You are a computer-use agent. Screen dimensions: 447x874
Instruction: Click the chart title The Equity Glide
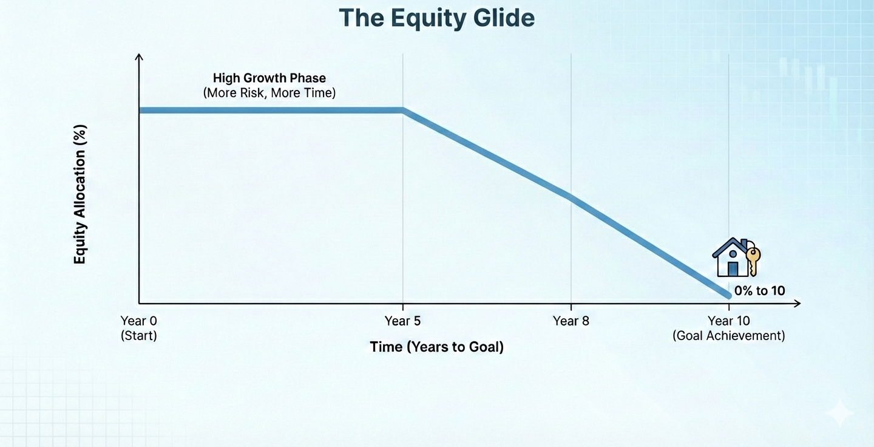[436, 18]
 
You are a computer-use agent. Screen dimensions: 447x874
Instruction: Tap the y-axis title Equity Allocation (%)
[80, 194]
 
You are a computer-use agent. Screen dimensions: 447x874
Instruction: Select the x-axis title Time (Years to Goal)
[436, 347]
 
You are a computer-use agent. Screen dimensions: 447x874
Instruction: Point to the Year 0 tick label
[138, 321]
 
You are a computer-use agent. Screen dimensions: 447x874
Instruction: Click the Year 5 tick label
[402, 321]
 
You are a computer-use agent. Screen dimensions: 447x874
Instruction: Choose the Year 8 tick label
[571, 321]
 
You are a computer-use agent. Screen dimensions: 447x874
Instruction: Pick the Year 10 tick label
[728, 321]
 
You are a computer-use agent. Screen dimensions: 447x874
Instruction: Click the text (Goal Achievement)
[728, 336]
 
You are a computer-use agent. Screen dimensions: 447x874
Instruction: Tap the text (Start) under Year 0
[138, 336]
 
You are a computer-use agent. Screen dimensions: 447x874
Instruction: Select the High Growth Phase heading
[269, 78]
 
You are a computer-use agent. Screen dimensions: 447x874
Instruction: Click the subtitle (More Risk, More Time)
[269, 94]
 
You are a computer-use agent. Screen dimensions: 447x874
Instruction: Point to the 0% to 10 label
[759, 291]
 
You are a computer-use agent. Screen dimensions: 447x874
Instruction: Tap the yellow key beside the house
[753, 260]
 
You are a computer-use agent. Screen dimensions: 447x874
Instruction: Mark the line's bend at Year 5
[402, 111]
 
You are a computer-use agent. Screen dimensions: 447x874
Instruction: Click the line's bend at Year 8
[571, 197]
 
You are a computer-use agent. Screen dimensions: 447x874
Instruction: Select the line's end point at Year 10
[728, 295]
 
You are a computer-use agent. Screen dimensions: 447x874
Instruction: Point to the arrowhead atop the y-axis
[139, 57]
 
